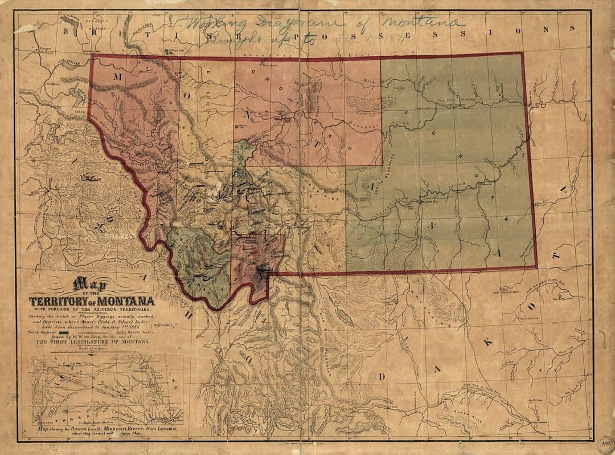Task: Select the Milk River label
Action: [373, 82]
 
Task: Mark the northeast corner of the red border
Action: [523, 54]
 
